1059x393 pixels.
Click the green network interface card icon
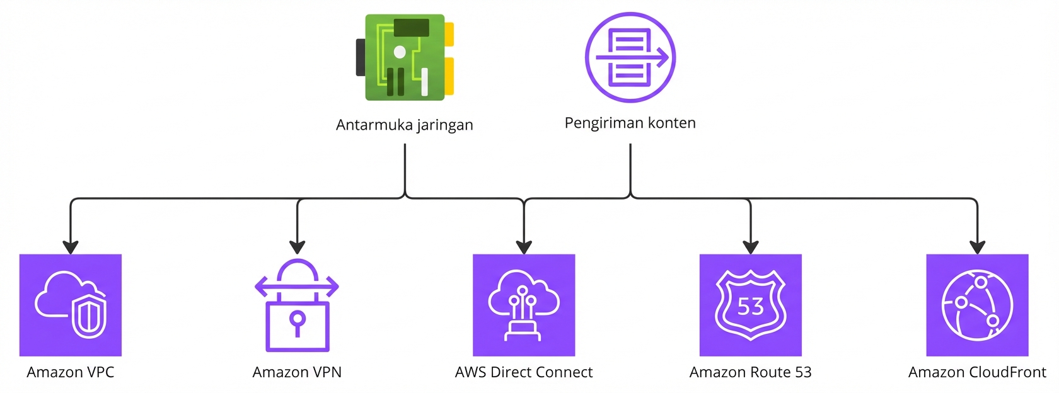tap(405, 58)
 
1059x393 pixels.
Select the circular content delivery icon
tap(630, 57)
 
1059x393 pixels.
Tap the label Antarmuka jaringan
tap(404, 125)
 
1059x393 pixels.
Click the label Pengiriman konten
tap(630, 123)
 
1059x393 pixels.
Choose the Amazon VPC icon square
tap(71, 305)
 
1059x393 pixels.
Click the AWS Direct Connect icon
tap(524, 305)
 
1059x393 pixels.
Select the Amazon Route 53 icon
tap(750, 305)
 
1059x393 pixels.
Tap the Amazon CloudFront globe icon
tap(977, 305)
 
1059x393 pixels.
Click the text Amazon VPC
tap(71, 372)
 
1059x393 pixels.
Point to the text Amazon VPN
tap(297, 372)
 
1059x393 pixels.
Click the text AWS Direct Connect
tap(524, 372)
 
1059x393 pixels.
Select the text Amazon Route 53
tap(750, 372)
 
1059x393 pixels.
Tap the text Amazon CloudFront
tap(977, 372)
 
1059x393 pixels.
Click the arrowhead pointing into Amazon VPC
tap(71, 247)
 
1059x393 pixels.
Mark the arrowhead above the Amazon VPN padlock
tap(297, 247)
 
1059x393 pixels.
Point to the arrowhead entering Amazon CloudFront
tap(977, 247)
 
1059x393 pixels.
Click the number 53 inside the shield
tap(750, 307)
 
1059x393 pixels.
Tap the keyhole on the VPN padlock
tap(297, 320)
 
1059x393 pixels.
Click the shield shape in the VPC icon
tap(89, 315)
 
